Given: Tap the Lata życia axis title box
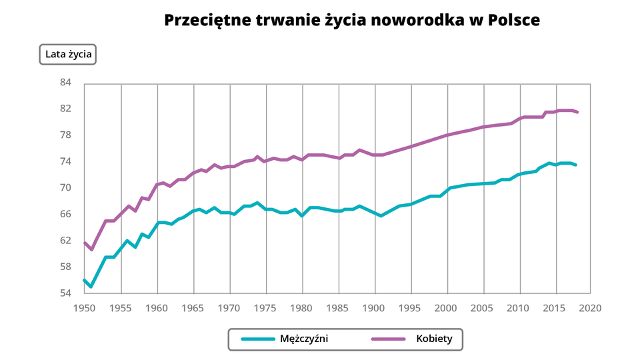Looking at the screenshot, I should coord(69,54).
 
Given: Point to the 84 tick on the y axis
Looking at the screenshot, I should coord(65,83).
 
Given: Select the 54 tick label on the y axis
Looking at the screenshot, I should coord(65,293).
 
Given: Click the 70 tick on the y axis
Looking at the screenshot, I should coord(65,188).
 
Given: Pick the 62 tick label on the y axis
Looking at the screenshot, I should coord(65,241).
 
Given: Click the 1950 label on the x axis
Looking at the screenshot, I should coord(84,308).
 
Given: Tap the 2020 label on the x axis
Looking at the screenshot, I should coord(591,308).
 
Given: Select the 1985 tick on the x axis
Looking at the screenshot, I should coord(338,308).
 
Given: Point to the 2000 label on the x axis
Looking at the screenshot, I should coord(446,308).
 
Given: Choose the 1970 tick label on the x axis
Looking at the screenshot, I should coord(229,308).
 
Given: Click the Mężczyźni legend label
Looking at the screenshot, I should coord(304,339).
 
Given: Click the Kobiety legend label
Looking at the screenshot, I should coord(434,339).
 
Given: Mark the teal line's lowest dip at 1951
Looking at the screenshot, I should coord(91,287).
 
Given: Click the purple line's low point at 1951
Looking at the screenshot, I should coord(91,249).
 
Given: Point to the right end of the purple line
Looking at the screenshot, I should coord(577,112).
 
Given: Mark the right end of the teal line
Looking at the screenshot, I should coord(576,165).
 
